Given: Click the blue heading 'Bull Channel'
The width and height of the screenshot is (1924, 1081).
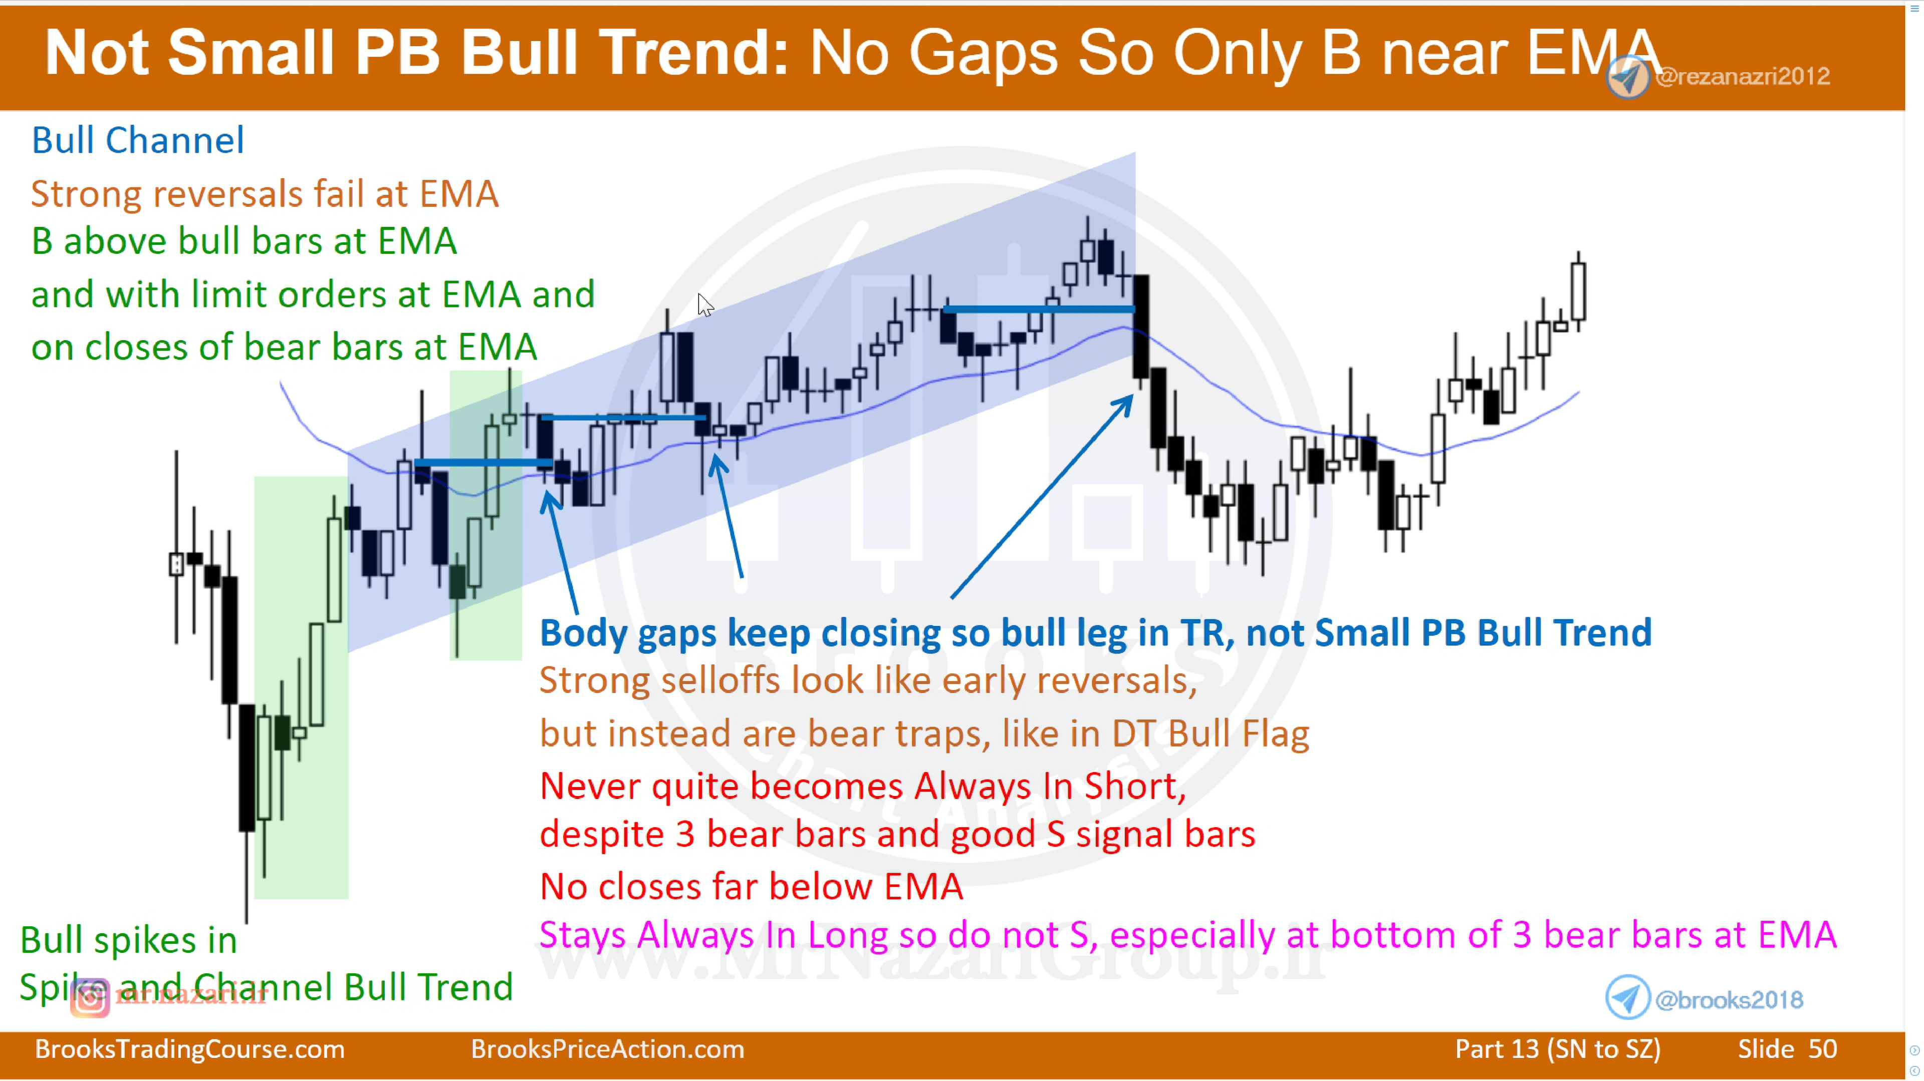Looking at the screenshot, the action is [137, 140].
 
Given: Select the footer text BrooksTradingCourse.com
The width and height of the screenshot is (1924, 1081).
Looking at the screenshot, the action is [190, 1049].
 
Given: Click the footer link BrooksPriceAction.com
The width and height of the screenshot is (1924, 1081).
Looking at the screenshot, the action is [607, 1049].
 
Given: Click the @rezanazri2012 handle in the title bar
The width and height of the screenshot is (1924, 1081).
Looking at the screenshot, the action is [1743, 76].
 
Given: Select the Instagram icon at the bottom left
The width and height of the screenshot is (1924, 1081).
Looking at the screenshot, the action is [90, 998].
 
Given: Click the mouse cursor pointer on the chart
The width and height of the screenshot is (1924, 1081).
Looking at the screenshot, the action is [705, 304].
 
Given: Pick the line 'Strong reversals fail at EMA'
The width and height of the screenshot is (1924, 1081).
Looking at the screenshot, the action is [265, 194].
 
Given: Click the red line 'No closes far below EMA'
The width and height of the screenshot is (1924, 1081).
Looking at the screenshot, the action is [751, 887].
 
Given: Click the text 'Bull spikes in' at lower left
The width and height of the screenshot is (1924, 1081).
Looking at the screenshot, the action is [128, 940].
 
